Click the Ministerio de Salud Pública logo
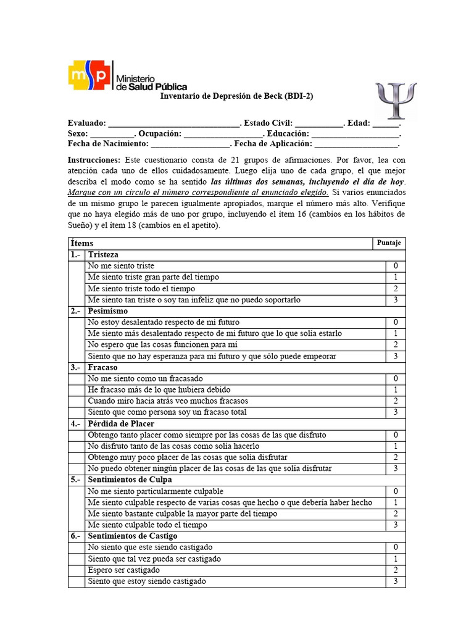point(127,75)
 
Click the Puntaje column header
point(389,243)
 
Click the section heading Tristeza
point(103,255)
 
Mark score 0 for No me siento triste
point(396,266)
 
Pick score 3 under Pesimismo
point(396,356)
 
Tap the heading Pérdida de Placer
point(121,423)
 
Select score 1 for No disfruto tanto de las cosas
point(396,446)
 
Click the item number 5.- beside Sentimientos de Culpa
point(75,480)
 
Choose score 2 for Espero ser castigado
point(396,570)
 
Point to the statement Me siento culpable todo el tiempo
point(148,525)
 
